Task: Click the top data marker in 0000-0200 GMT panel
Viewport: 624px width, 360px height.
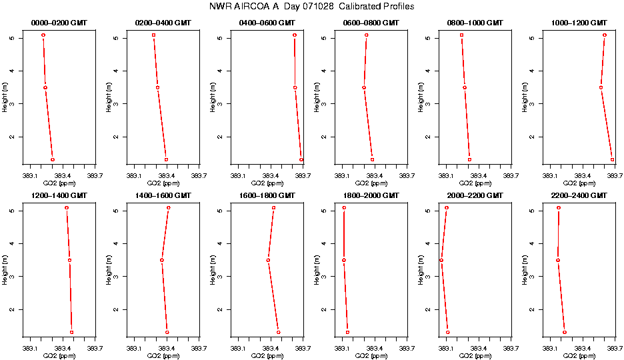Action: coord(43,35)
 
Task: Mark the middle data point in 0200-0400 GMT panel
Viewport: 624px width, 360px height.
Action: coord(158,87)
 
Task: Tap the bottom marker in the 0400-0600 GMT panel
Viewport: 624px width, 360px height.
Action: coord(301,159)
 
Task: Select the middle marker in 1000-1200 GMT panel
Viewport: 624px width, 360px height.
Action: coord(601,87)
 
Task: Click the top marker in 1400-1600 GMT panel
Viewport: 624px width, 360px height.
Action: coord(169,207)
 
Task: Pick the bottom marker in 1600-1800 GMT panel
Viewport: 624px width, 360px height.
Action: coord(278,332)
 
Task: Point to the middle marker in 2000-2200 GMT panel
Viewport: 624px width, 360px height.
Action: coord(441,260)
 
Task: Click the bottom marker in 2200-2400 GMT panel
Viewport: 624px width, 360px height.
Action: coord(565,332)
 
